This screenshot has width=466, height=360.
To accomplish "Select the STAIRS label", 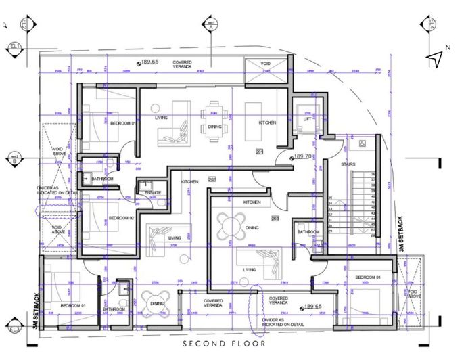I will point(349,164).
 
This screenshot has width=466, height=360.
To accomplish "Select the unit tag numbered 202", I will point(212,179).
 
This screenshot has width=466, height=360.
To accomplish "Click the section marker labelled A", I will point(210,25).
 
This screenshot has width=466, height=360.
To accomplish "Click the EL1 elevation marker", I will point(13,47).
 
